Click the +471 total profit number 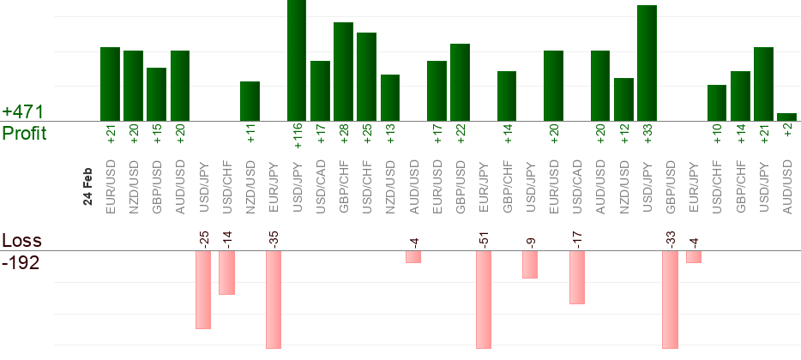point(23,112)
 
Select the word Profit point(24,134)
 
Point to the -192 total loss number point(21,262)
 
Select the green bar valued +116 point(297,60)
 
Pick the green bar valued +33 point(647,63)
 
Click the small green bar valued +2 point(786,117)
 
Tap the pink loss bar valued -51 point(484,299)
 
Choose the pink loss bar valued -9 point(530,265)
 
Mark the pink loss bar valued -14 point(226,273)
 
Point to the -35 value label point(274,237)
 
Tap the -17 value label point(577,237)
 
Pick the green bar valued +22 point(460,82)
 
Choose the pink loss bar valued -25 point(203,290)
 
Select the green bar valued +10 point(717,103)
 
